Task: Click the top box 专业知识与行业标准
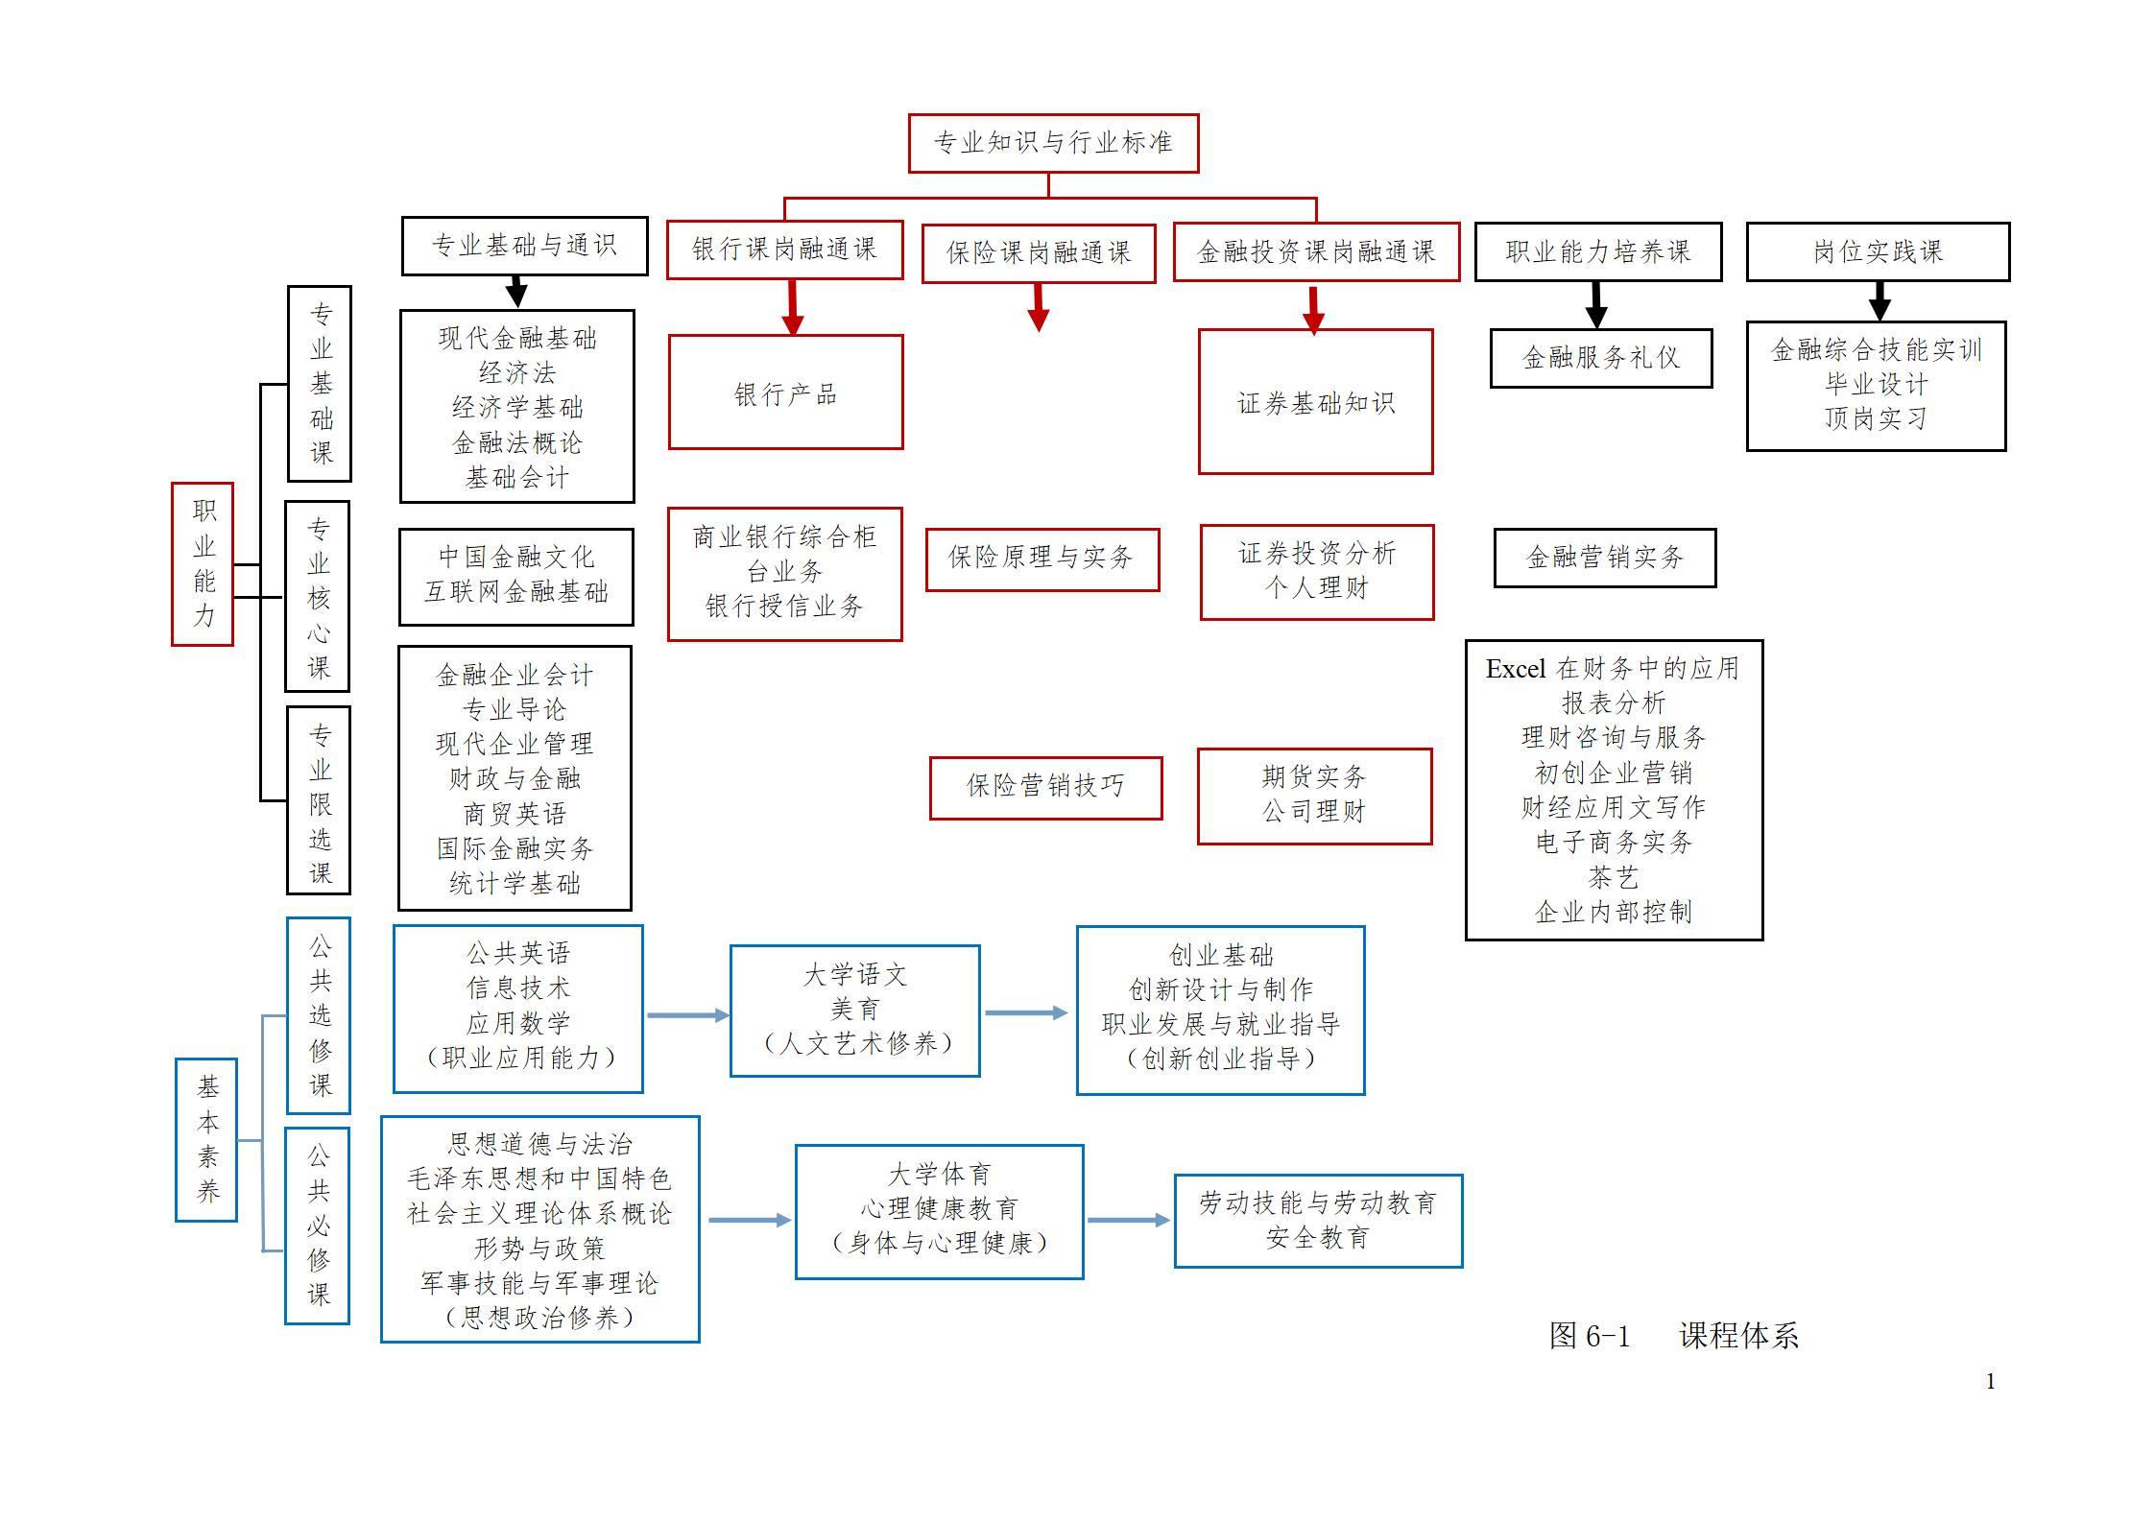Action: point(1053,144)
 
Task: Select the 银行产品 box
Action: point(785,393)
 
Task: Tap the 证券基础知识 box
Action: point(1315,402)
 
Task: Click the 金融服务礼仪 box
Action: point(1600,358)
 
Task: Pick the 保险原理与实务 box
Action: point(1042,559)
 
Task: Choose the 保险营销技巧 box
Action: point(1045,787)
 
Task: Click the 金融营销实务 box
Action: point(1604,558)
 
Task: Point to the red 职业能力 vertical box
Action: point(203,563)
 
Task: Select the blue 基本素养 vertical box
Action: point(206,1139)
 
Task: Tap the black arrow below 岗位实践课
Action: point(1880,303)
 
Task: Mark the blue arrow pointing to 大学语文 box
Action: point(687,1015)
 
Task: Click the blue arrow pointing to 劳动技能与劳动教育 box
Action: point(1129,1220)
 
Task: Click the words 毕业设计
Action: point(1876,385)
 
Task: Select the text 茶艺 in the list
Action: point(1613,877)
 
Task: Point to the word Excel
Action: point(1515,669)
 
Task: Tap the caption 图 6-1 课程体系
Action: point(1673,1336)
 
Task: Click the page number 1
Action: point(1990,1381)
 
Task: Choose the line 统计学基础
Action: point(515,884)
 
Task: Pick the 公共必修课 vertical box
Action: point(318,1226)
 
